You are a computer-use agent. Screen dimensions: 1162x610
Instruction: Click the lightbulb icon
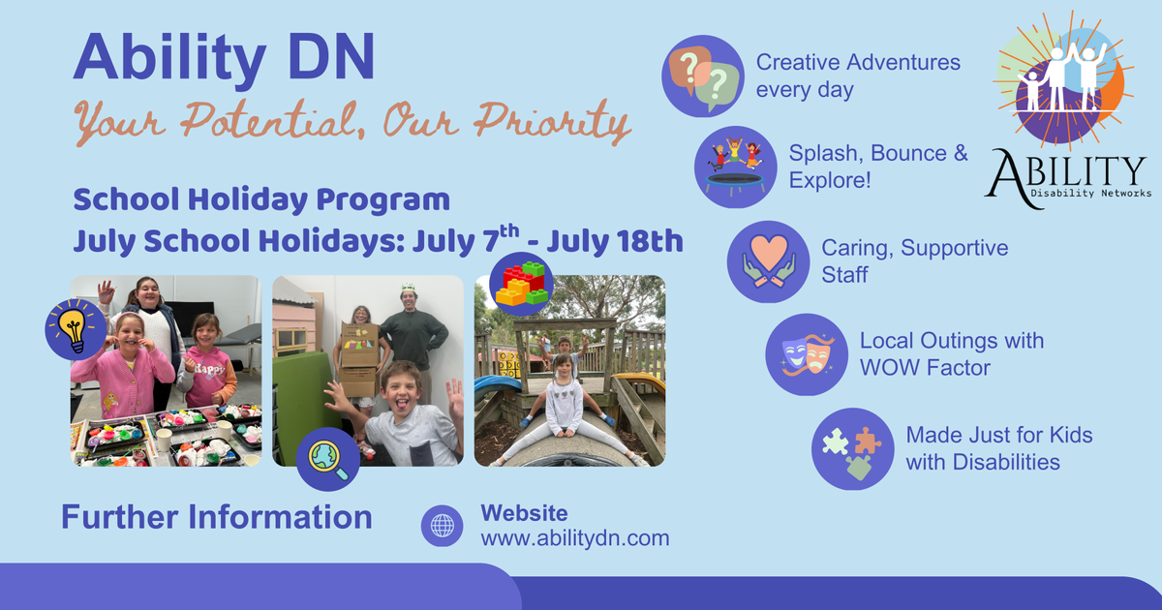point(76,329)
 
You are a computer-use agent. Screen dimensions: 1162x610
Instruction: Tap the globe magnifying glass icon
point(328,459)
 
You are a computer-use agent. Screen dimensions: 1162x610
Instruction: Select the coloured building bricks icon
point(521,285)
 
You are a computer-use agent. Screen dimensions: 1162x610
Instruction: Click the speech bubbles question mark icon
point(703,76)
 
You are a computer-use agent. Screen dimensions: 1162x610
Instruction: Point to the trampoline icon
point(736,167)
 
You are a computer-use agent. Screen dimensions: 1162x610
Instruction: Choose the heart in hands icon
point(768,261)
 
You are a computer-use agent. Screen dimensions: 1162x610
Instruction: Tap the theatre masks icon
point(807,354)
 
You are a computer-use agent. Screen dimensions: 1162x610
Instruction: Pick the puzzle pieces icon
point(853,448)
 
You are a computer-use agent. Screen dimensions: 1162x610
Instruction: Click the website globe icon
point(442,526)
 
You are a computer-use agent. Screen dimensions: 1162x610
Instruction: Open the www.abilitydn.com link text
point(575,538)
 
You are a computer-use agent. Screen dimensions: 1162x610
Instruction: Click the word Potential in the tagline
point(267,121)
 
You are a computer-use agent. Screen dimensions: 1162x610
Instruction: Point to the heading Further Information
point(217,517)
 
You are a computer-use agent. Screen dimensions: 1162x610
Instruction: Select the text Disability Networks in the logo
point(1091,193)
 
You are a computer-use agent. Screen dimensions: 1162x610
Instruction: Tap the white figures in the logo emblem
point(1063,77)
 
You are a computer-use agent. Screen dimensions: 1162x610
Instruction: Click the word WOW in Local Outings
point(889,368)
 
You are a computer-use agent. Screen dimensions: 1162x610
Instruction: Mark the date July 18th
point(615,241)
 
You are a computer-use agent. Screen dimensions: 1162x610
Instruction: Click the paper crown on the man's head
point(409,287)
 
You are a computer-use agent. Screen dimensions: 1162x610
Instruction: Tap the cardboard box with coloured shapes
point(359,345)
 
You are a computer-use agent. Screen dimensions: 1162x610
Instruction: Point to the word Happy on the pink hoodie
point(212,368)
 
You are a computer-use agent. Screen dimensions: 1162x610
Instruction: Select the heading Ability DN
point(224,57)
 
